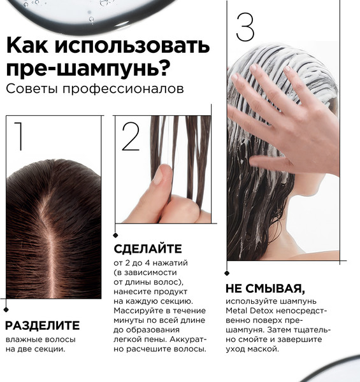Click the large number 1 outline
point(18,138)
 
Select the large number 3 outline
point(245,27)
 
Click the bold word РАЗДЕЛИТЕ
point(43,325)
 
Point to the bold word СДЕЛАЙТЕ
point(147,248)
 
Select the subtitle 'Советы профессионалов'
point(94,88)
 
